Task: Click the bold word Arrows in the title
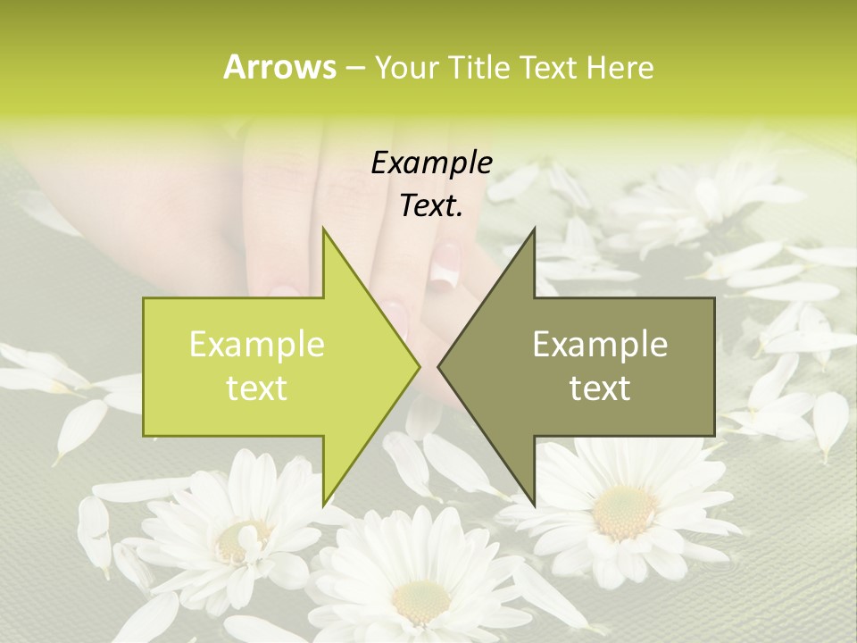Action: pos(279,67)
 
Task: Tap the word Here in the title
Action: pos(620,67)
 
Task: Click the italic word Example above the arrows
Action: pos(431,163)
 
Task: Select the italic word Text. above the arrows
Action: pos(431,206)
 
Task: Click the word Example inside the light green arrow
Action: pos(257,344)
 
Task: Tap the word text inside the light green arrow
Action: pos(257,388)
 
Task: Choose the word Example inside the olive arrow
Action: pos(600,344)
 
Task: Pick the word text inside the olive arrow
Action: pos(600,388)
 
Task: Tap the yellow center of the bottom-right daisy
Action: pos(625,511)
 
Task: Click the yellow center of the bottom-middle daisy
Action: pos(420,600)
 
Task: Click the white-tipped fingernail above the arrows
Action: pos(444,266)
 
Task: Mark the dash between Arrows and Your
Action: pos(354,68)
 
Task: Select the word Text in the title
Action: pos(548,67)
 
